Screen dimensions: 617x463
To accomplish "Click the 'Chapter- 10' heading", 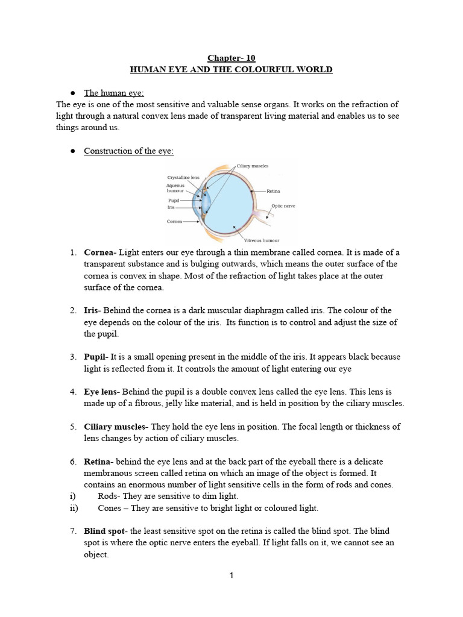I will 231,58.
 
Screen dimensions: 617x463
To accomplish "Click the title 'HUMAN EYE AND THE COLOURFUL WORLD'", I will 231,70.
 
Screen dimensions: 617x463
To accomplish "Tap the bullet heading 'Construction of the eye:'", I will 128,151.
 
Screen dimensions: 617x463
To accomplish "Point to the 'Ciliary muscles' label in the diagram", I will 253,166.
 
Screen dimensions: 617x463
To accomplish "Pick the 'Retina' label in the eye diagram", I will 273,191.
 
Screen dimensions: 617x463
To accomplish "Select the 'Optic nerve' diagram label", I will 285,205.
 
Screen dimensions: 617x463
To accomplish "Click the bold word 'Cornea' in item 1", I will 98,252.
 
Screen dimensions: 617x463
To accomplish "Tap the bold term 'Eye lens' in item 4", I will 100,392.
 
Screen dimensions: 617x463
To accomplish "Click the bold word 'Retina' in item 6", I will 96,462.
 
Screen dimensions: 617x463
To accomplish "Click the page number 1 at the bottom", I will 231,575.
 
